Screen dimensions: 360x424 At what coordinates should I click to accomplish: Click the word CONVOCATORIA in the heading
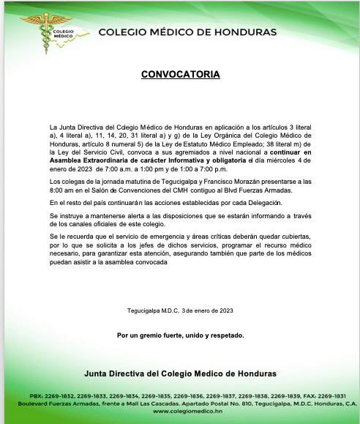(x=179, y=74)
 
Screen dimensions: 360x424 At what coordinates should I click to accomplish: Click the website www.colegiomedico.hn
(x=180, y=411)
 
